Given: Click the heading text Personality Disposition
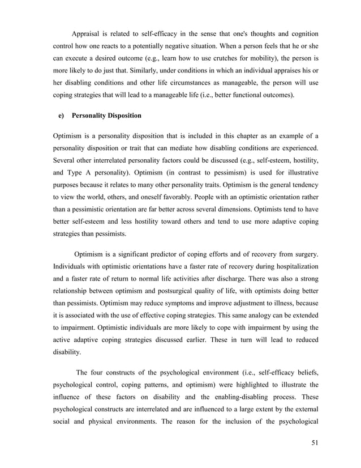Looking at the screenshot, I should point(107,116).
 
